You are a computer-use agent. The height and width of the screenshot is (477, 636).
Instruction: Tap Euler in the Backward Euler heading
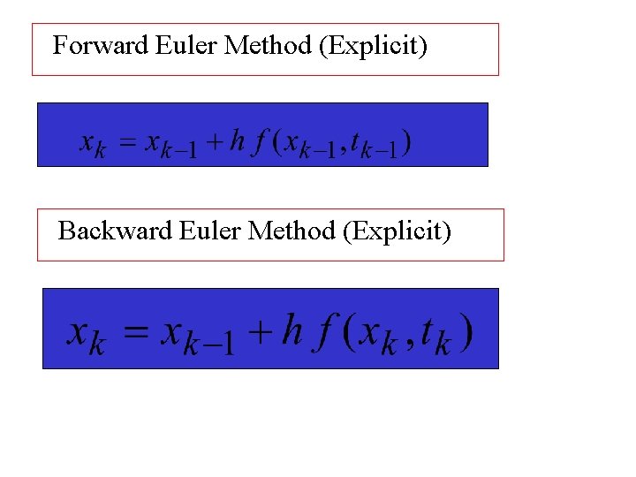(210, 231)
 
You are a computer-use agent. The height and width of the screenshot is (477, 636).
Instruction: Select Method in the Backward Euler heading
(292, 231)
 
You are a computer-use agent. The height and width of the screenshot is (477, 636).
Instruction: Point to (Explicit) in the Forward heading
(373, 46)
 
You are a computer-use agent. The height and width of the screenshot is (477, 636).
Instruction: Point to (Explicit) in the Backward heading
(397, 232)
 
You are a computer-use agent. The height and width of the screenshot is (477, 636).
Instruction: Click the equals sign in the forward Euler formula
(129, 142)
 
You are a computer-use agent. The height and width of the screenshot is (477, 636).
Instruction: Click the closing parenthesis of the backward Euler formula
(466, 333)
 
